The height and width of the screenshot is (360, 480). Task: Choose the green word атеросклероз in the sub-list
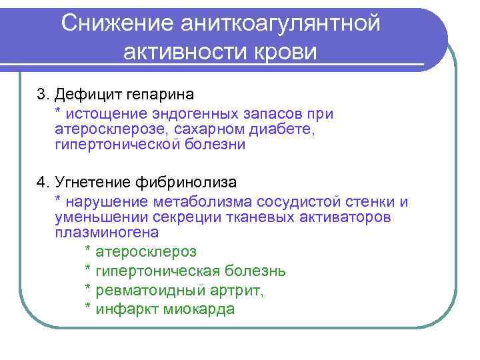pos(147,252)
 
